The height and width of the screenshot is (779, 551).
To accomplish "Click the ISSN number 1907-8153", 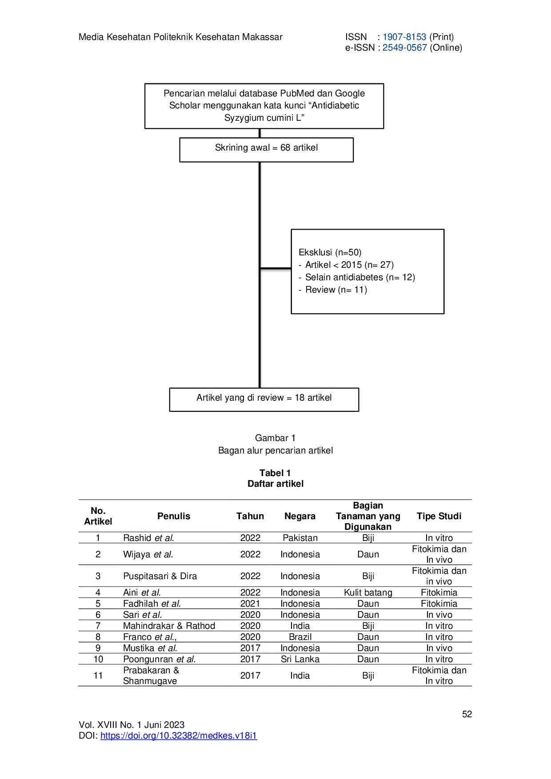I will click(404, 37).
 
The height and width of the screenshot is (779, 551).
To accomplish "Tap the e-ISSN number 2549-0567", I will click(404, 48).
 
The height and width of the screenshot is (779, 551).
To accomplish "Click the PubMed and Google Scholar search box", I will click(264, 106).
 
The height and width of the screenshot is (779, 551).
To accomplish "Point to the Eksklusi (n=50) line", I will click(330, 252).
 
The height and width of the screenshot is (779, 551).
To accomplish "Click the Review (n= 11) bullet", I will click(335, 290).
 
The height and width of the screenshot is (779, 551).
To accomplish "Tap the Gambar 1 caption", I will click(275, 438).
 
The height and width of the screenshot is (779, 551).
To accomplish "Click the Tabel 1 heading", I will click(275, 473).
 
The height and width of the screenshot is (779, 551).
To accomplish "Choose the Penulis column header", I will click(173, 516).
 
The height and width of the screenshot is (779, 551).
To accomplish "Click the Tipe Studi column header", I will click(439, 516).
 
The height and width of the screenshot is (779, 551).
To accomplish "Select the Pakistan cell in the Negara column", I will click(300, 538).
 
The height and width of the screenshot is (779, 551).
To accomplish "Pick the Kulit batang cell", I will click(368, 592).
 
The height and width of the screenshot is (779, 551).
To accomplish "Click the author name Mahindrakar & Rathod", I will click(169, 626).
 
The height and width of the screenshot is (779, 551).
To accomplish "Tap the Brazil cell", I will click(300, 637).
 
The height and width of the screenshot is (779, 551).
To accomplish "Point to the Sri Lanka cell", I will click(300, 659).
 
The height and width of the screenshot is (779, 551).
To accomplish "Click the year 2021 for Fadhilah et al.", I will click(250, 604).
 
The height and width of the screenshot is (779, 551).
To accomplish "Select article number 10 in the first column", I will click(98, 659).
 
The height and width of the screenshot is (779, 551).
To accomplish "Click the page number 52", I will click(467, 714).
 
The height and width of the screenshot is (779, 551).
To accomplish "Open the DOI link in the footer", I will click(179, 735).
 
